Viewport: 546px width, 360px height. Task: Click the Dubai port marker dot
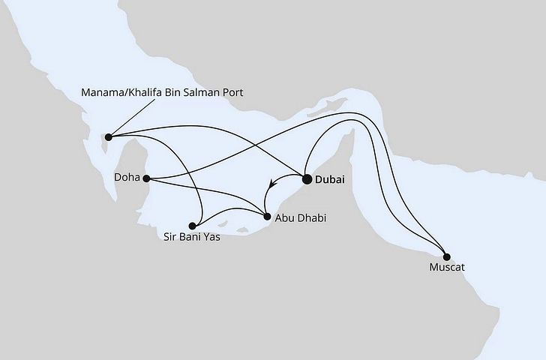coord(307,179)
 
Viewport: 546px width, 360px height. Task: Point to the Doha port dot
coord(147,178)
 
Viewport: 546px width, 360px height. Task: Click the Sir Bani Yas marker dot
coord(193,225)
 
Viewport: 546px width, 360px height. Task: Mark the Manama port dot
coord(109,136)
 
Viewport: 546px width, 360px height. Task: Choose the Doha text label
coord(127,178)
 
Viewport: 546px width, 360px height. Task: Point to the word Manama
coord(102,92)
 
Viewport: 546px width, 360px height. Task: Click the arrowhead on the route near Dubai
coord(272,181)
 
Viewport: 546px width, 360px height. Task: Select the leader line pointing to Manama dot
coord(127,119)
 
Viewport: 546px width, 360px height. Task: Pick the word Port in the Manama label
coord(233,92)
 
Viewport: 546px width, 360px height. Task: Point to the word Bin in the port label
coord(173,92)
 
